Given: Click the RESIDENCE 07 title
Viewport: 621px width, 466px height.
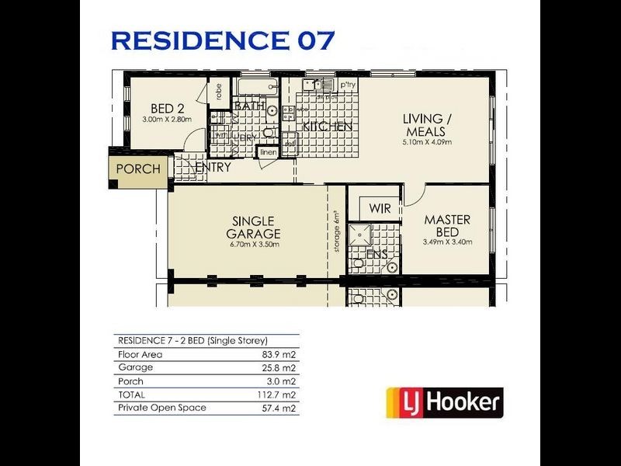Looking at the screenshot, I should tap(224, 40).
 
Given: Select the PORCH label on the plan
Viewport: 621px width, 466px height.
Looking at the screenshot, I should tap(138, 169).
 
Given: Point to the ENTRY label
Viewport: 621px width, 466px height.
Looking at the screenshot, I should tap(213, 167).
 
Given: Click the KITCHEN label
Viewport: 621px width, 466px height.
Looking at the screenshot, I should tap(328, 126).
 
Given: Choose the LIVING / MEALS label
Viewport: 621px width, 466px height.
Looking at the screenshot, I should tap(425, 125).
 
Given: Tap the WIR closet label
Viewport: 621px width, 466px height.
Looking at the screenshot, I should tap(380, 208).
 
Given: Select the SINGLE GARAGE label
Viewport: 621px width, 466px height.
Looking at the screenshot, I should tap(254, 228).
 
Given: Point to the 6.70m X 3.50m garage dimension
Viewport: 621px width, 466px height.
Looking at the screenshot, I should tap(254, 245).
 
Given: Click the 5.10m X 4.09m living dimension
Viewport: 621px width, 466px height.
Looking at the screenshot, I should tap(425, 143).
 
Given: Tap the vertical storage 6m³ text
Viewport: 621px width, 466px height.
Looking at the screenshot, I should tap(337, 231).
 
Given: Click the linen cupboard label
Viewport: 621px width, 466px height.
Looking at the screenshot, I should tap(268, 152).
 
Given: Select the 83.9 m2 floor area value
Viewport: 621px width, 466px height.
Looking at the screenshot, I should tap(282, 354).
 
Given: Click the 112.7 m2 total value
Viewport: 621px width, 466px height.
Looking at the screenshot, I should tap(279, 395).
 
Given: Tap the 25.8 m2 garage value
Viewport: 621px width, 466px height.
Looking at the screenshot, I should tap(282, 367).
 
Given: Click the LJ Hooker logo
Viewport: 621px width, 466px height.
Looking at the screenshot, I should tap(445, 403).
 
